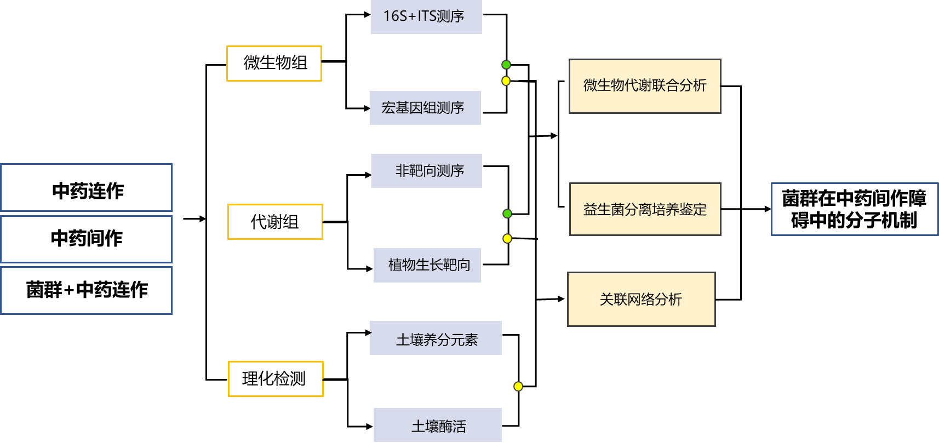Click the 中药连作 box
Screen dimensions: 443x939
[x=87, y=188]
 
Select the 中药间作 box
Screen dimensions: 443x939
[x=87, y=239]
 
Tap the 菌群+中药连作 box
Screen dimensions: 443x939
[x=87, y=290]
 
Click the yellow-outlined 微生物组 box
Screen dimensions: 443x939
[x=274, y=64]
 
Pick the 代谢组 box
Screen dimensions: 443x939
[x=275, y=222]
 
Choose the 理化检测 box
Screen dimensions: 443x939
[x=276, y=379]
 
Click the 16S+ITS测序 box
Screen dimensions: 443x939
[x=426, y=16]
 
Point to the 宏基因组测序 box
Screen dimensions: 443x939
[x=425, y=108]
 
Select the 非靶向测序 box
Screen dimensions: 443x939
[x=427, y=171]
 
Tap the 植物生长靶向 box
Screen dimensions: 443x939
[x=427, y=265]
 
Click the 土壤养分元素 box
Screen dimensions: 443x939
[x=436, y=338]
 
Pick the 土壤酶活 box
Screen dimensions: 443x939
[x=438, y=425]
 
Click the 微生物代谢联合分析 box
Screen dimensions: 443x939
[x=645, y=86]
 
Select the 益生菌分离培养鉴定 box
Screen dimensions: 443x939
[x=645, y=209]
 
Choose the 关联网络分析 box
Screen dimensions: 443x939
[x=642, y=299]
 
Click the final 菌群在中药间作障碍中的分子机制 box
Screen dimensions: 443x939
[x=854, y=209]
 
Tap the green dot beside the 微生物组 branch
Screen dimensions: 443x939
[x=506, y=65]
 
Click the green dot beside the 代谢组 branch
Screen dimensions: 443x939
[x=507, y=214]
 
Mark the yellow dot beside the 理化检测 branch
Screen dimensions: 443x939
[x=518, y=387]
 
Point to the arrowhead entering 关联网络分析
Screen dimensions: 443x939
[x=561, y=299]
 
